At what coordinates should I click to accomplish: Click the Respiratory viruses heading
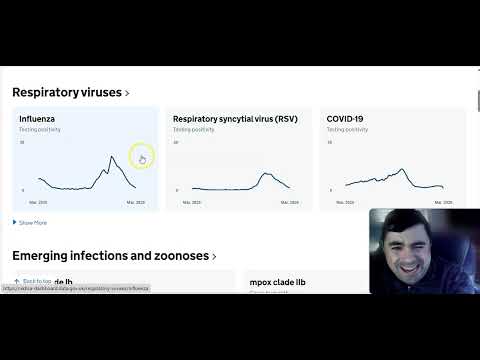pos(66,92)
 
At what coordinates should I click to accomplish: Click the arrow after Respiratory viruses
pos(127,93)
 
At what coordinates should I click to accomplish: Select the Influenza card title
pos(38,119)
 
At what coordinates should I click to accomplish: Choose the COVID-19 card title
pos(345,119)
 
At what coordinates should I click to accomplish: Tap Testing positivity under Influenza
pos(39,130)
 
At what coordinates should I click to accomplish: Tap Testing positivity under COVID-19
pos(347,130)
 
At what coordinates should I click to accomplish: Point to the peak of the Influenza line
pos(110,156)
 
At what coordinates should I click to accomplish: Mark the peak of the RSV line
pos(265,174)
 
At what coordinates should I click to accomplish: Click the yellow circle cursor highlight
pos(141,155)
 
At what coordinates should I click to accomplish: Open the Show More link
pos(32,223)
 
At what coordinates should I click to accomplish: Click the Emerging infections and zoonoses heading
pos(109,256)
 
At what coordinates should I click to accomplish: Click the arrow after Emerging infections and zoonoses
pos(214,257)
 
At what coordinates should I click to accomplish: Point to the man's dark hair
pos(410,218)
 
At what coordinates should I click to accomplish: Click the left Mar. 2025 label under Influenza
pos(38,202)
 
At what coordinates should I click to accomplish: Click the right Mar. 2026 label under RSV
pos(289,202)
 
